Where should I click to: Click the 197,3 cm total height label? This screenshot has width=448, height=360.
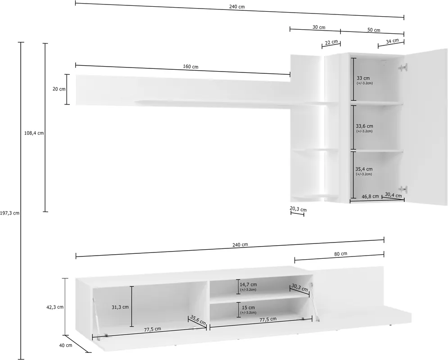pyautogui.click(x=10, y=213)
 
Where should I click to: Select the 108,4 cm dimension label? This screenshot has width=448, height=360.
pyautogui.click(x=34, y=133)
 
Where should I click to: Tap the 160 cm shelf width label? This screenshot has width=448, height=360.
pyautogui.click(x=190, y=67)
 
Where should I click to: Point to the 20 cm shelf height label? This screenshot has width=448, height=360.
pyautogui.click(x=59, y=89)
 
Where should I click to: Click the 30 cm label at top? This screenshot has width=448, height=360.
pyautogui.click(x=319, y=27)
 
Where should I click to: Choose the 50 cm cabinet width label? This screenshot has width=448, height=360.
pyautogui.click(x=374, y=30)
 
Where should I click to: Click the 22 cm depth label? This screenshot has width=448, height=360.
pyautogui.click(x=331, y=43)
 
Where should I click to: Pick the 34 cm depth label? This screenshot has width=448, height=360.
pyautogui.click(x=392, y=41)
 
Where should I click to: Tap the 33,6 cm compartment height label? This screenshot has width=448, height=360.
pyautogui.click(x=364, y=126)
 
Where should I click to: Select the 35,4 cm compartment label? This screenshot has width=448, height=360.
pyautogui.click(x=364, y=169)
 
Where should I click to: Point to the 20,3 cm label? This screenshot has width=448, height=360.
pyautogui.click(x=298, y=209)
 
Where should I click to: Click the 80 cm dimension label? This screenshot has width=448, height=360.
pyautogui.click(x=340, y=254)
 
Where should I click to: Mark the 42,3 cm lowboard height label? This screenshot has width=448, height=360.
pyautogui.click(x=55, y=307)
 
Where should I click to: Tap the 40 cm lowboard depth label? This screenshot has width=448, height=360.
pyautogui.click(x=66, y=346)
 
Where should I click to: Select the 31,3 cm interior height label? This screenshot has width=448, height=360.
pyautogui.click(x=120, y=307)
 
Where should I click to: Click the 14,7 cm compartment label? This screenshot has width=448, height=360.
pyautogui.click(x=248, y=285)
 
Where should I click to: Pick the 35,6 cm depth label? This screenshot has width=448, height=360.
pyautogui.click(x=198, y=320)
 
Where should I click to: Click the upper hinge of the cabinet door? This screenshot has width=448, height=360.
pyautogui.click(x=403, y=67)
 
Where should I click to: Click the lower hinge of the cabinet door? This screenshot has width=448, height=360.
pyautogui.click(x=403, y=189)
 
